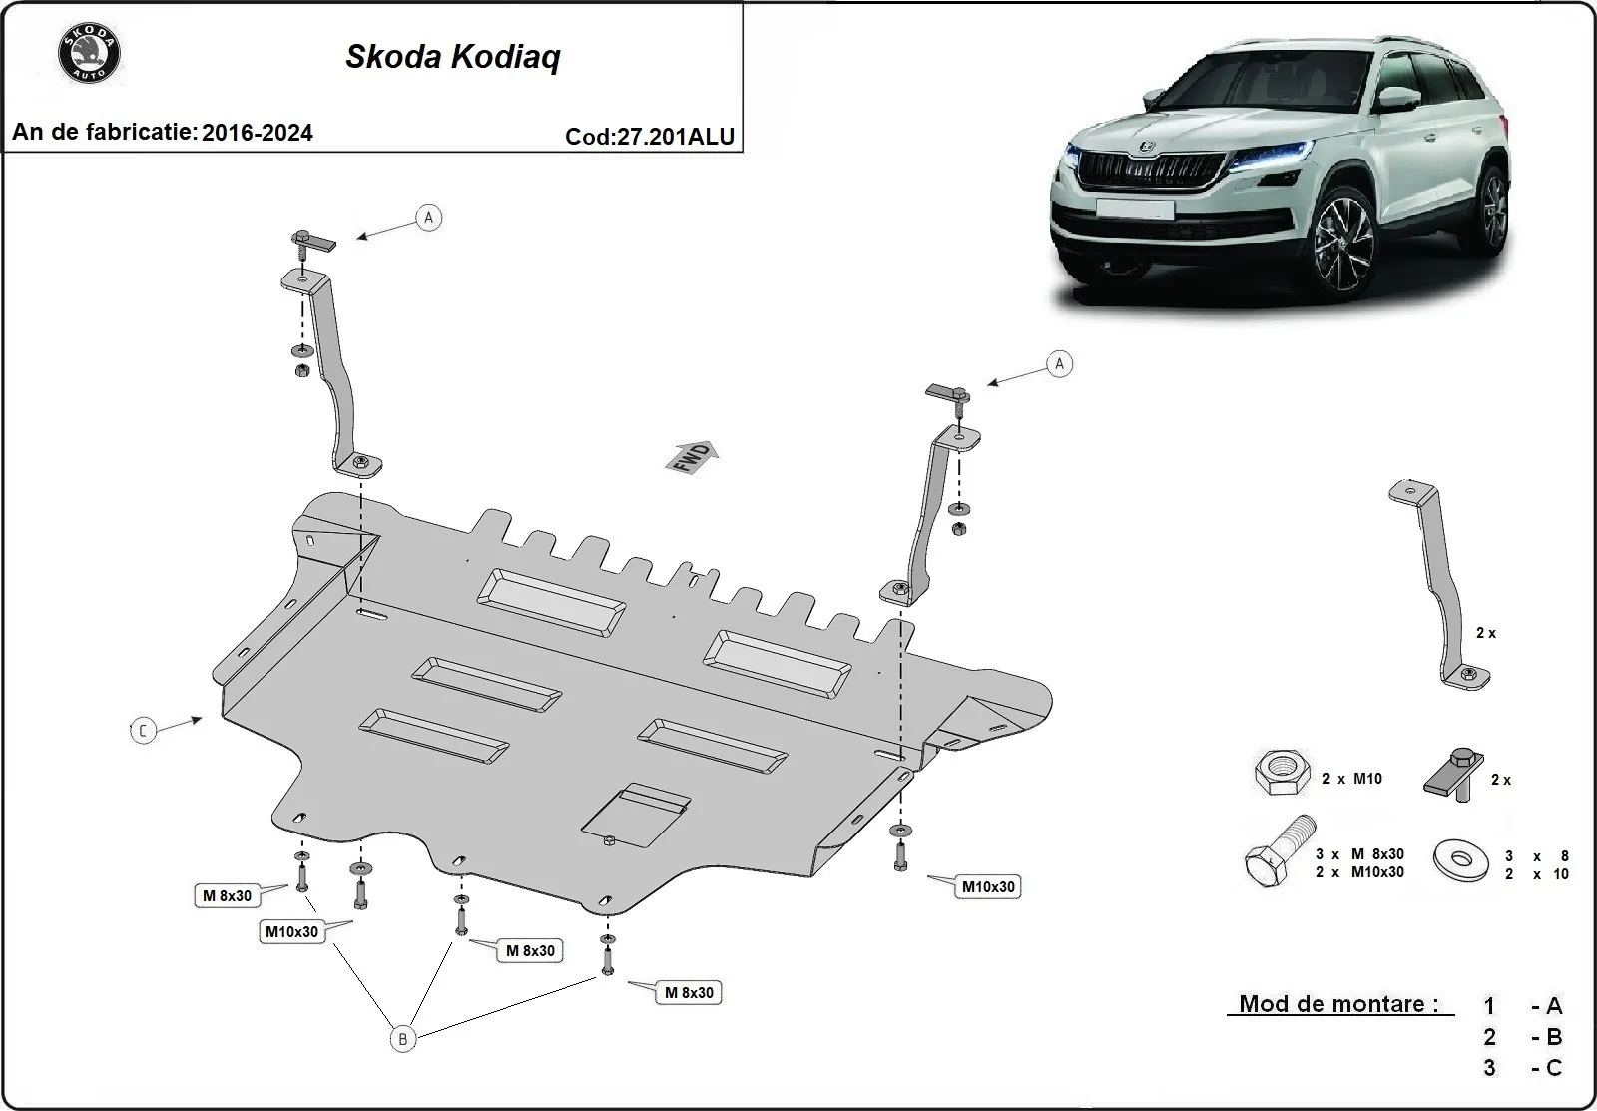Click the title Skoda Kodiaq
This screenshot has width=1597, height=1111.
coord(452,57)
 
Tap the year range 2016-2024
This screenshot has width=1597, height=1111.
coord(257,133)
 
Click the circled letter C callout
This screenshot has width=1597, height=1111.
coord(143,731)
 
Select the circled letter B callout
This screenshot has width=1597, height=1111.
coord(402,1039)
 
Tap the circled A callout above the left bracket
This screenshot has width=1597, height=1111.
coord(428,217)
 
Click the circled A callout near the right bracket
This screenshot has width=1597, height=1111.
coord(1059,364)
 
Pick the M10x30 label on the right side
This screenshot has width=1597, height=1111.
coord(987,886)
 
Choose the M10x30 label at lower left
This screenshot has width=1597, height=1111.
coord(291,932)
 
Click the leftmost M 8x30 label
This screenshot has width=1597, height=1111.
coord(227,896)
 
